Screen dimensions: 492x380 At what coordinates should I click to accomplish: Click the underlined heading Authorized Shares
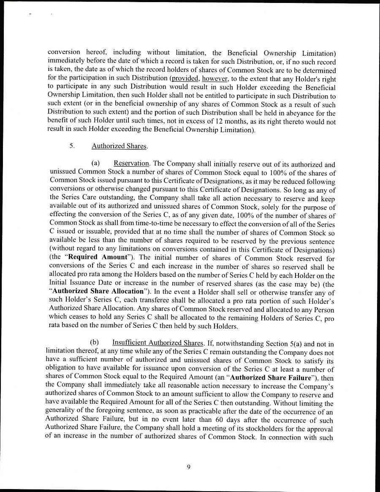[119, 146]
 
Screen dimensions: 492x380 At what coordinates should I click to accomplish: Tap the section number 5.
[72, 146]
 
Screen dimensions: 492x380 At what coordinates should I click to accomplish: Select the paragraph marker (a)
[95, 164]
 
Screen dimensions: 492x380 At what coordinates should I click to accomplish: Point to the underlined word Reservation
[131, 164]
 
